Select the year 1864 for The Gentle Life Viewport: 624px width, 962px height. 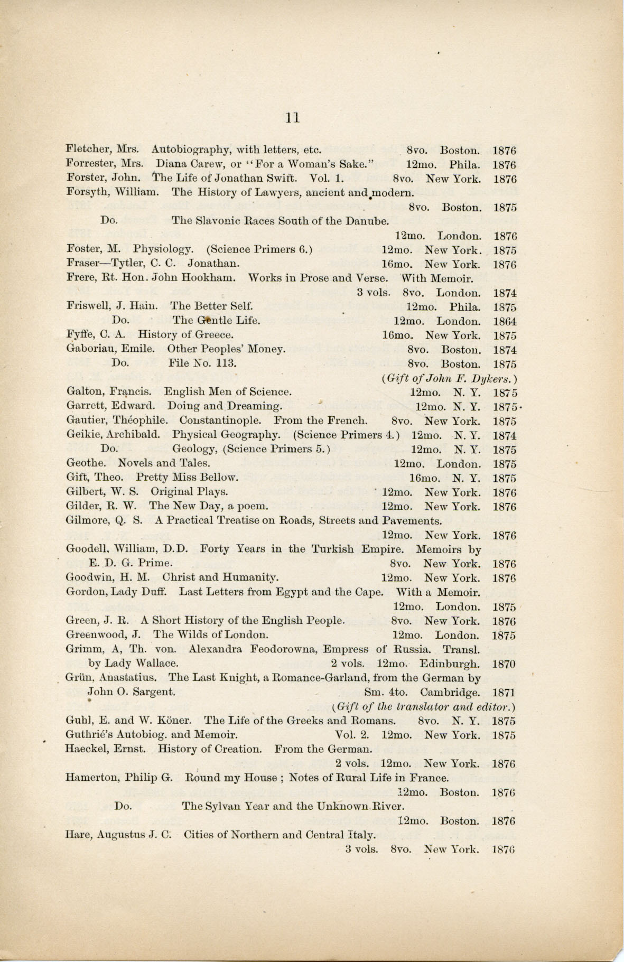tap(505, 321)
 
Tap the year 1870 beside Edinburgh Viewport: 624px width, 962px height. tap(505, 664)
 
